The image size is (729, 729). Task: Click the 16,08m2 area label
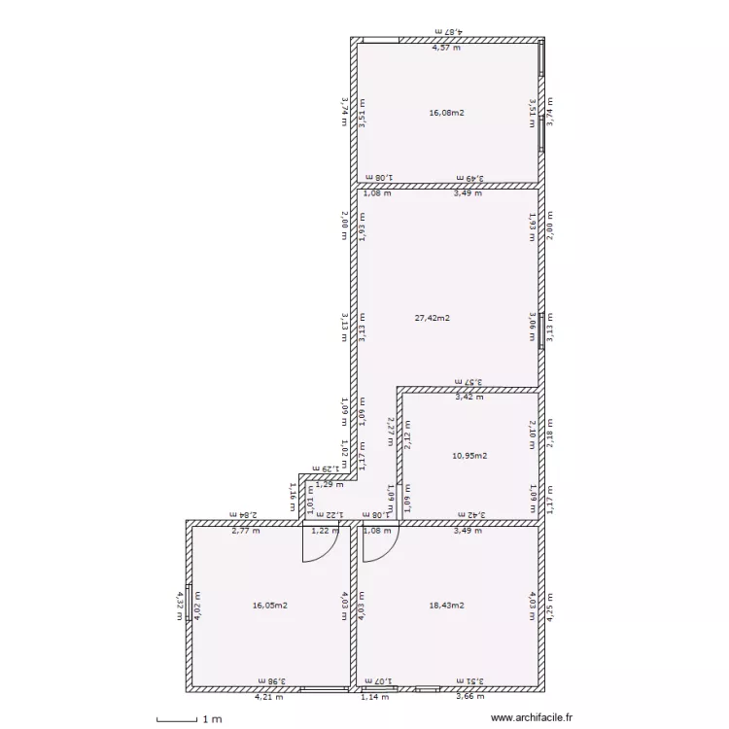[446, 113]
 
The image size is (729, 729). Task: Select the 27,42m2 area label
[432, 317]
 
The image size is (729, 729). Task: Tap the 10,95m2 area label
[469, 455]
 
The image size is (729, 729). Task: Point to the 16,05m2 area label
[269, 606]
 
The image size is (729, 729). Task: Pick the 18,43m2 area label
[446, 606]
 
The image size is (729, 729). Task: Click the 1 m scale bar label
[211, 719]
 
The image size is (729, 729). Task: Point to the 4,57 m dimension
[446, 47]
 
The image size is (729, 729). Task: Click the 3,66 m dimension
[469, 696]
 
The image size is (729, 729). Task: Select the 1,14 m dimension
[374, 696]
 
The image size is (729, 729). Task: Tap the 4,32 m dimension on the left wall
[180, 606]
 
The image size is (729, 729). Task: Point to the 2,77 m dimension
[245, 531]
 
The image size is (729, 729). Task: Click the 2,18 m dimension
[549, 432]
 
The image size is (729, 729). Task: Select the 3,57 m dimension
[469, 383]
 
